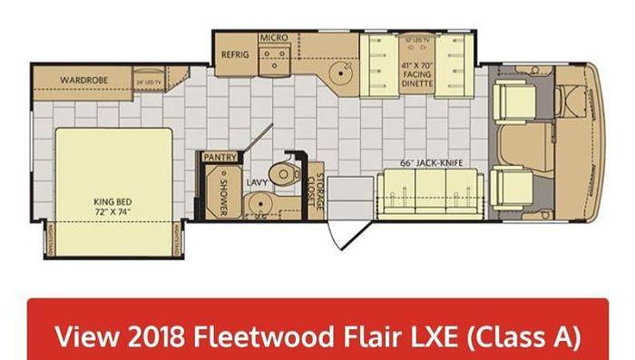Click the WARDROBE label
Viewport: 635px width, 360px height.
coord(84,81)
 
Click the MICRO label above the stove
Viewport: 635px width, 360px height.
coord(273,38)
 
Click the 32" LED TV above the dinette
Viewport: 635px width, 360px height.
coord(417,41)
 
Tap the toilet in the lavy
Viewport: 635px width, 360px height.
coord(288,174)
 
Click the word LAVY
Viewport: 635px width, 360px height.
coord(256,182)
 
